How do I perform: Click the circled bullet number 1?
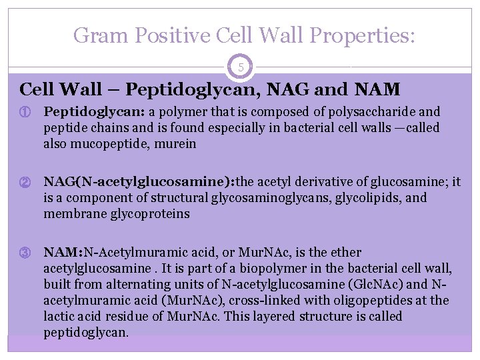(26, 112)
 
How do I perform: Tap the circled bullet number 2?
(26, 182)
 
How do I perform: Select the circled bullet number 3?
(26, 253)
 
